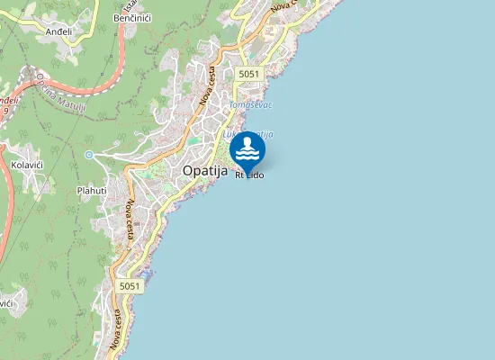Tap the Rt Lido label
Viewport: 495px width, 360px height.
pyautogui.click(x=249, y=175)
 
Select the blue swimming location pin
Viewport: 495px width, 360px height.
pyautogui.click(x=247, y=149)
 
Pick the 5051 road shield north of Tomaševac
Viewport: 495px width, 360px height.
pyautogui.click(x=249, y=74)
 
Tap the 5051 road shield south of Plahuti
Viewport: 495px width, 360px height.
pyautogui.click(x=130, y=285)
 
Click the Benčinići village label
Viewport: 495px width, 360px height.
pyautogui.click(x=131, y=17)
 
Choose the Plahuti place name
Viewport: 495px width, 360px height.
pyautogui.click(x=91, y=190)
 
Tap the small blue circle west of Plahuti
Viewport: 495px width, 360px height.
pyautogui.click(x=89, y=155)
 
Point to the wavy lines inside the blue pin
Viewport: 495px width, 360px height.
pyautogui.click(x=247, y=155)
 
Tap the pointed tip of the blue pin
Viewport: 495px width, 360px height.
pyautogui.click(x=247, y=169)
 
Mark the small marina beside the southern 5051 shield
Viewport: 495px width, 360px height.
pyautogui.click(x=148, y=273)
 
